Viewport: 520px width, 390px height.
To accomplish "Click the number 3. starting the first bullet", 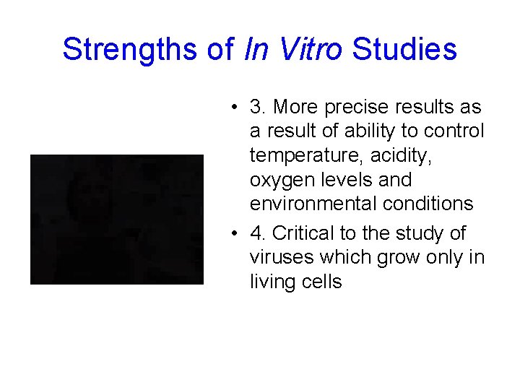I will (259, 107).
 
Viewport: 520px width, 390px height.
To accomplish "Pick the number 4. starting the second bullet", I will (259, 233).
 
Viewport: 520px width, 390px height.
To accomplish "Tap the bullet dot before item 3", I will (235, 108).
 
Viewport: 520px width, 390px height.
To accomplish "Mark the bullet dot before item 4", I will (235, 234).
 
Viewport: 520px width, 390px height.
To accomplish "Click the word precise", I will (356, 107).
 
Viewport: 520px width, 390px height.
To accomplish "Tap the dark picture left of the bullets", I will (117, 219).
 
